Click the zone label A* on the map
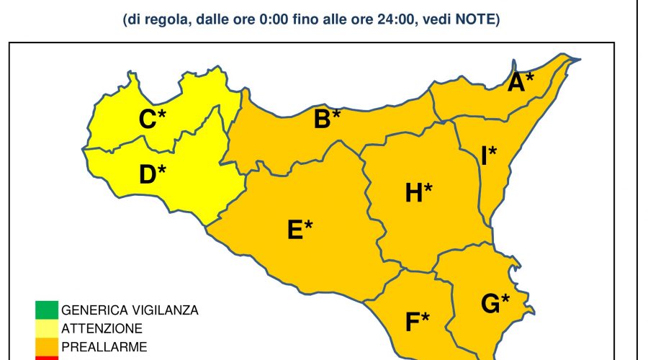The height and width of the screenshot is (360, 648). pos(521,83)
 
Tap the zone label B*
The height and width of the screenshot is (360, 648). pos(327,119)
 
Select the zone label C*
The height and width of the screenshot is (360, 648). pos(152,119)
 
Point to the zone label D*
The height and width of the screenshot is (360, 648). pos(152,174)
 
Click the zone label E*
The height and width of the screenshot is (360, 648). pos(300,229)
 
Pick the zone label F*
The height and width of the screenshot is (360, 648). pos(418,321)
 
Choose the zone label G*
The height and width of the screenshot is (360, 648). pos(495,304)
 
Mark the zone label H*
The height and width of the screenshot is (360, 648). pos(418,192)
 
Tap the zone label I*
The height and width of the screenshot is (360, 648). pos(489,156)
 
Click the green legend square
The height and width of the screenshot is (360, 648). pos(45,311)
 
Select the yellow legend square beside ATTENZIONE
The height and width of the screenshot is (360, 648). pos(45,329)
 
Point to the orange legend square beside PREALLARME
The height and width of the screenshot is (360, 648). pos(45,347)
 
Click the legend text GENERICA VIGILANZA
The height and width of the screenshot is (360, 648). pos(130,311)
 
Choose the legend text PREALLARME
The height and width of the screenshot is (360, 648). pos(104,347)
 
